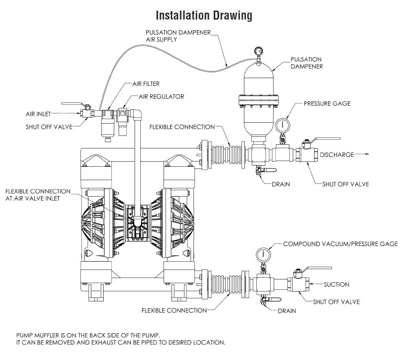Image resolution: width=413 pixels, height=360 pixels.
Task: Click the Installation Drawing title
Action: [204, 16]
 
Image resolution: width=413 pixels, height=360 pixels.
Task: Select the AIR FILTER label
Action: [146, 84]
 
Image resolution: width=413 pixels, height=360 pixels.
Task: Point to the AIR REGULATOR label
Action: [162, 97]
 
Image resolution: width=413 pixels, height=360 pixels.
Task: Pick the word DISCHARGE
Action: [337, 155]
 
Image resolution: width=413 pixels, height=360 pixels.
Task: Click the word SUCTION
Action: [337, 284]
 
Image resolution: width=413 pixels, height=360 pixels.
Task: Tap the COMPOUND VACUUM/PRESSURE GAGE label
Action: [340, 244]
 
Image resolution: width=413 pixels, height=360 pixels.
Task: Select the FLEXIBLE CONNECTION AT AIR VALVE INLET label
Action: [38, 195]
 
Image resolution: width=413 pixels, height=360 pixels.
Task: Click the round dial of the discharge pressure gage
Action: [282, 124]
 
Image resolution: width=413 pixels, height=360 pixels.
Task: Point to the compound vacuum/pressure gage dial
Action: [263, 254]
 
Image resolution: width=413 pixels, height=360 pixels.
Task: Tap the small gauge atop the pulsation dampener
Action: [258, 51]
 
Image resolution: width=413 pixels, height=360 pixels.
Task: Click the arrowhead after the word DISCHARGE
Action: [367, 155]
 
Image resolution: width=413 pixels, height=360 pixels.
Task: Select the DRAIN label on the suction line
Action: [287, 311]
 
